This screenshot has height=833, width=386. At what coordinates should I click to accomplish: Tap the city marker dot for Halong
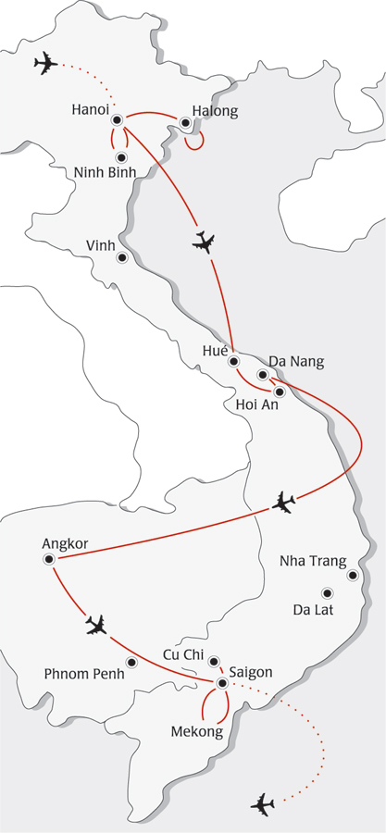click(185, 122)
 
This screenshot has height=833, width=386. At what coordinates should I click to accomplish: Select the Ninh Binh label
click(106, 172)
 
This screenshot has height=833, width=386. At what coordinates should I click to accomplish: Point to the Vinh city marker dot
click(120, 258)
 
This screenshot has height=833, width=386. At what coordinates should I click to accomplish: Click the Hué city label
click(214, 350)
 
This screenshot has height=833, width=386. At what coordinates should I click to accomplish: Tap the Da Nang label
click(296, 361)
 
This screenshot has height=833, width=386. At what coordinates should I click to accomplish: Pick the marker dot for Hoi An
click(280, 392)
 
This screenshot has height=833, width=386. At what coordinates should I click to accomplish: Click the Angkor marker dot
click(48, 560)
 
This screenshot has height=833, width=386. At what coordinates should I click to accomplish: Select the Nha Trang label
click(313, 561)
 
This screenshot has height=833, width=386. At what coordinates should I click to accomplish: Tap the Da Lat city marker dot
click(326, 592)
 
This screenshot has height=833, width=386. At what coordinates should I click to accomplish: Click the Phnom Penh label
click(83, 674)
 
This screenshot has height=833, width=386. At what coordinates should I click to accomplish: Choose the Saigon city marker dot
click(222, 683)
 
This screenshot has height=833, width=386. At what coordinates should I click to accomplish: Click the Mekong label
click(196, 732)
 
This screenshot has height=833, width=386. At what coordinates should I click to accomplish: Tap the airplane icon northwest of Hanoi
click(44, 64)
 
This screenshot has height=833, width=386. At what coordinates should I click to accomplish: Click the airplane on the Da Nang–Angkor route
click(284, 504)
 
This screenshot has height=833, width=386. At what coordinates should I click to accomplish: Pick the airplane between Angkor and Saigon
click(95, 626)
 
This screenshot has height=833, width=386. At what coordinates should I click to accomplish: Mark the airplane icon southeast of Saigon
click(263, 803)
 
